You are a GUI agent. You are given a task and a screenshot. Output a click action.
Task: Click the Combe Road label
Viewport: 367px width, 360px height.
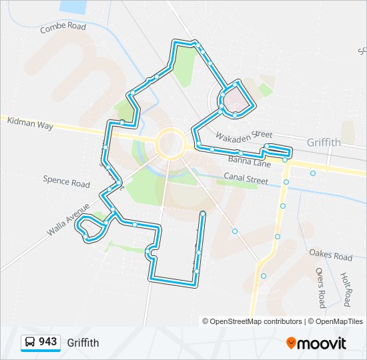point(63,27)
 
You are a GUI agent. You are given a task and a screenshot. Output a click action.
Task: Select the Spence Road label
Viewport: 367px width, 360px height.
point(66,181)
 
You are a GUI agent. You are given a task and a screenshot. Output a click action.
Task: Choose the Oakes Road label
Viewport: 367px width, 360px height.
point(330,255)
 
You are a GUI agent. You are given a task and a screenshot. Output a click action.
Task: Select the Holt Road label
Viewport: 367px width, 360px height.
point(346,289)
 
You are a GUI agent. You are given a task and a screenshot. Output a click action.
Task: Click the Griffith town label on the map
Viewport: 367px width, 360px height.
point(324,143)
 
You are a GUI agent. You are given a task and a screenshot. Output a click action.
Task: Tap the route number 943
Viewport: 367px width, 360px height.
point(47,342)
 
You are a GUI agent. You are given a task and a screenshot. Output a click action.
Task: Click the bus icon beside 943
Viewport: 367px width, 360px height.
point(30,343)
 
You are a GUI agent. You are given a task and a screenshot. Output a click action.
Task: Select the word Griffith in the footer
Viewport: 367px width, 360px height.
point(83,343)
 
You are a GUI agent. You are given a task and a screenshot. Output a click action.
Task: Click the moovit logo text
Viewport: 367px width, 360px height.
point(322,343)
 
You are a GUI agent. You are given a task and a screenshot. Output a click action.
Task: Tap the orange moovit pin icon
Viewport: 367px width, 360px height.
point(291,343)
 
